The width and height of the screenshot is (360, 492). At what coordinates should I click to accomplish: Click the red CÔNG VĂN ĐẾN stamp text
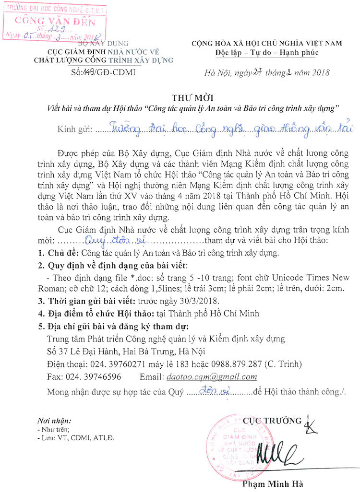click(55, 21)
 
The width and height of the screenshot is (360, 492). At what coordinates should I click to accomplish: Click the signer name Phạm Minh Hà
click(273, 483)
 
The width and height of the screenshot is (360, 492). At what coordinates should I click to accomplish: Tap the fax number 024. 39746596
click(95, 377)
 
